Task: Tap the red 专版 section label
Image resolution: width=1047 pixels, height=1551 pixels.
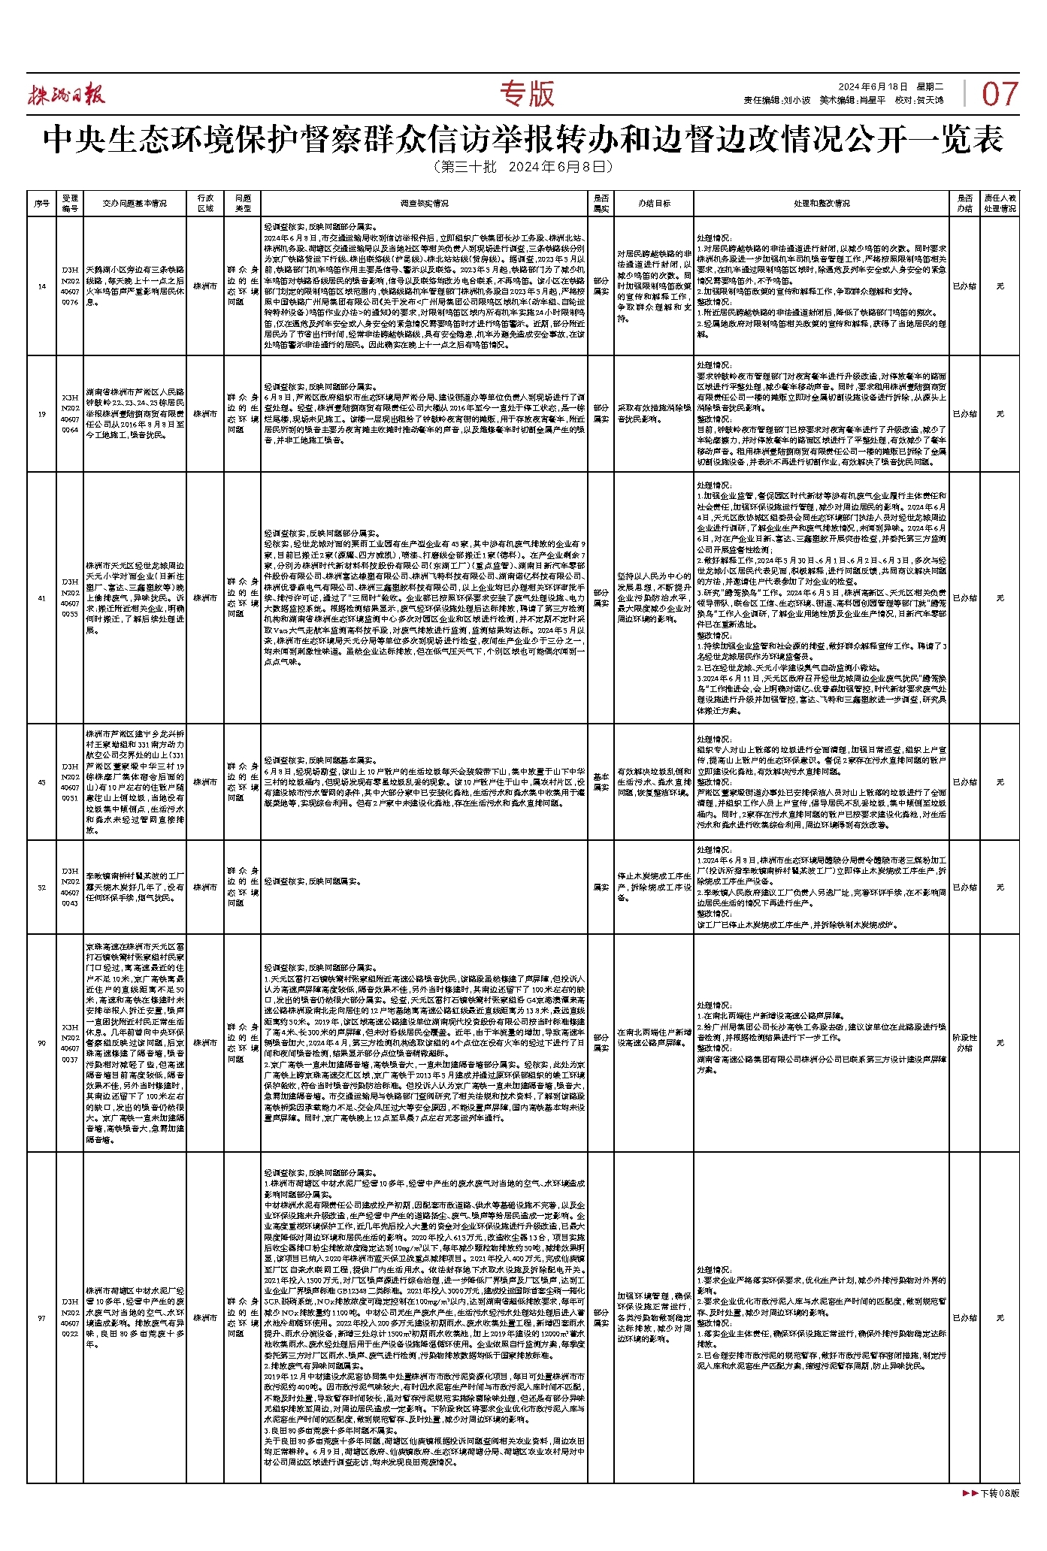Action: click(527, 94)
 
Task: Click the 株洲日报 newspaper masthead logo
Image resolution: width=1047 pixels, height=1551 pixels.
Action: click(67, 95)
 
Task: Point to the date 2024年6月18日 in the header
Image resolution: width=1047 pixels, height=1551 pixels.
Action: click(873, 87)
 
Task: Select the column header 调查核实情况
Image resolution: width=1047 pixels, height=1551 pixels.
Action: click(425, 204)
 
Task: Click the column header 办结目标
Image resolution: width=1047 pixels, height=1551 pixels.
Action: click(654, 204)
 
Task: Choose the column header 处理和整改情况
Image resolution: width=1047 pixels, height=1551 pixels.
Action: click(822, 204)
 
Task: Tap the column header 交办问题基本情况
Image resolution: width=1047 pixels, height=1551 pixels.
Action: click(135, 204)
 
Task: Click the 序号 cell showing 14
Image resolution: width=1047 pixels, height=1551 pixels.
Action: click(41, 286)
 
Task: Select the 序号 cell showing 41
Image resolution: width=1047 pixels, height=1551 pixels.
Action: click(41, 598)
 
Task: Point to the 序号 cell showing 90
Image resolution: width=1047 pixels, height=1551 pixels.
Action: click(41, 1043)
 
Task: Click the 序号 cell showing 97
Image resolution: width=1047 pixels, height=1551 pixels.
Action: click(41, 1318)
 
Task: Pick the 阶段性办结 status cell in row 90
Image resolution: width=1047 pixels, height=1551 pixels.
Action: click(964, 1043)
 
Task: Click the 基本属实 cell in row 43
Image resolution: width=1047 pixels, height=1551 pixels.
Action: click(601, 782)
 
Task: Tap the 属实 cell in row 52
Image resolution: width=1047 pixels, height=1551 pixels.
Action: click(601, 887)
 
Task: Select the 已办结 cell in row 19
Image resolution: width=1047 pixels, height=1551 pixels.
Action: click(964, 414)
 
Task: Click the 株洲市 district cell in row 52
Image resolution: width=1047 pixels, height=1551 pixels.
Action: click(205, 887)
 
